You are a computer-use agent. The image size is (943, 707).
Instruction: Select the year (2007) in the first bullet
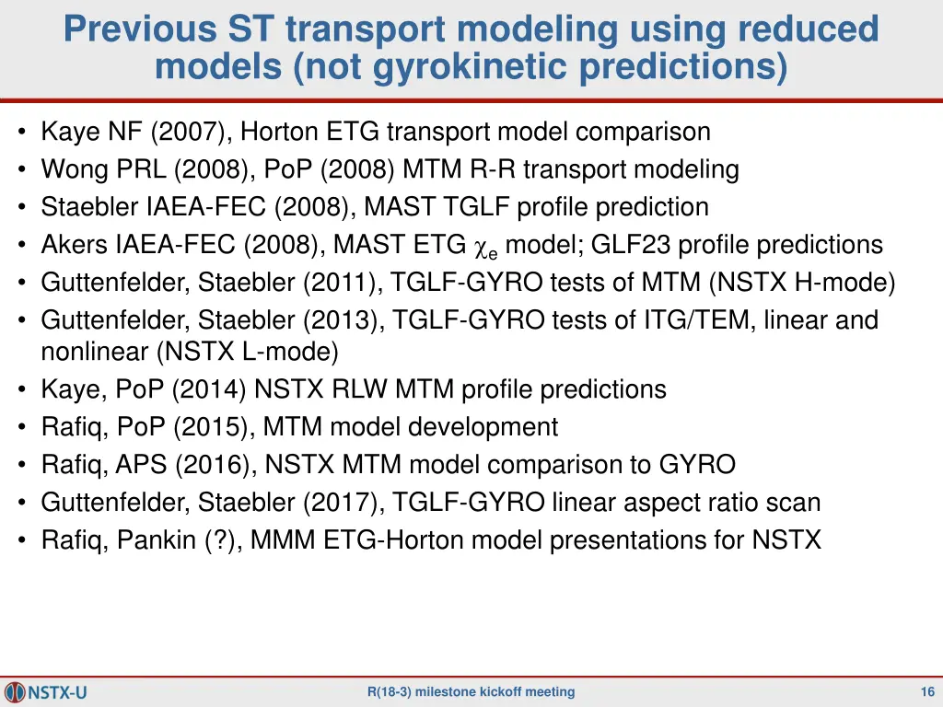191,132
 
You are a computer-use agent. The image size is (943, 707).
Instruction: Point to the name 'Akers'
75,245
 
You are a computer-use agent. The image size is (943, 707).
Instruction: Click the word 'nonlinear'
95,352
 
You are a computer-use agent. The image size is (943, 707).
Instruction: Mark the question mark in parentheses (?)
220,539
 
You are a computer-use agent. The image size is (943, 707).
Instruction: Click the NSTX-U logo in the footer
46,691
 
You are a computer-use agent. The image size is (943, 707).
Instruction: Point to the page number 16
927,692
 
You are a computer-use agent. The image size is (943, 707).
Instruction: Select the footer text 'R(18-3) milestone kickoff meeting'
471,692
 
